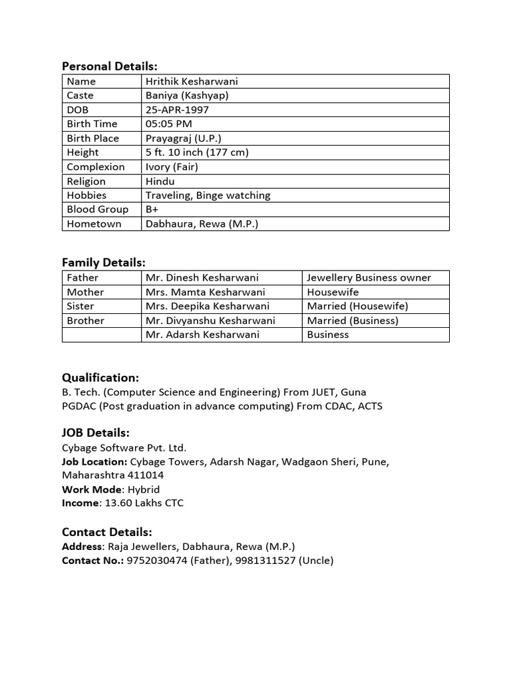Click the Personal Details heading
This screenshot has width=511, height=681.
(x=109, y=66)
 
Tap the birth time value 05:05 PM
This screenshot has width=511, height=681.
(x=169, y=124)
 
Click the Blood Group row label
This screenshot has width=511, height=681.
(x=98, y=209)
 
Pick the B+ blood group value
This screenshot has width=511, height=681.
(x=152, y=209)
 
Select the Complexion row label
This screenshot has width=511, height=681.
(x=96, y=167)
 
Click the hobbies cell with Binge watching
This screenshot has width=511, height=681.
(x=208, y=196)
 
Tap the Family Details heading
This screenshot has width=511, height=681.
(x=103, y=263)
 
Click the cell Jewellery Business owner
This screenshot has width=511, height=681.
(x=369, y=278)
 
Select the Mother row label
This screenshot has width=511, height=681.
(x=85, y=292)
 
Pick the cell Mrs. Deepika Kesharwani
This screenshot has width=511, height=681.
(x=208, y=307)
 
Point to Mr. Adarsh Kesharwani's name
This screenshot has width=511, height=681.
(x=202, y=335)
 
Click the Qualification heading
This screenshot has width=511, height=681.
(x=100, y=378)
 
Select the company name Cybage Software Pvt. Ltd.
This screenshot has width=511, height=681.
(x=124, y=448)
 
